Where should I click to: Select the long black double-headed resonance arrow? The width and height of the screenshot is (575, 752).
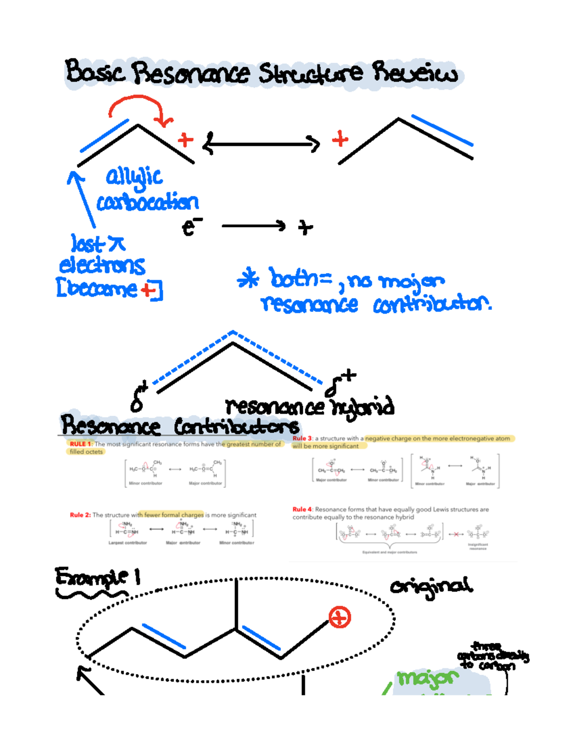262,143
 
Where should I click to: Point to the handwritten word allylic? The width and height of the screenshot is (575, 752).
134,177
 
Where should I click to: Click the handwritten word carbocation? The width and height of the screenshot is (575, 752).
148,202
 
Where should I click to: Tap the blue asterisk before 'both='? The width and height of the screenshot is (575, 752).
248,279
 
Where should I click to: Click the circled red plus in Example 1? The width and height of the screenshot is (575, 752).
340,617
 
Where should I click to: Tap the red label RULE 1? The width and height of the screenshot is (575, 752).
80,444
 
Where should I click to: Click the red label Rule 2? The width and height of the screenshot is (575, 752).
80,515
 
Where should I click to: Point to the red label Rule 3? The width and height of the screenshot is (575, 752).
302,438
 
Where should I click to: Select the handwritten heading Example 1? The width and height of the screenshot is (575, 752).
98,577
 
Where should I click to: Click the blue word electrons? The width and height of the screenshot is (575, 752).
102,265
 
